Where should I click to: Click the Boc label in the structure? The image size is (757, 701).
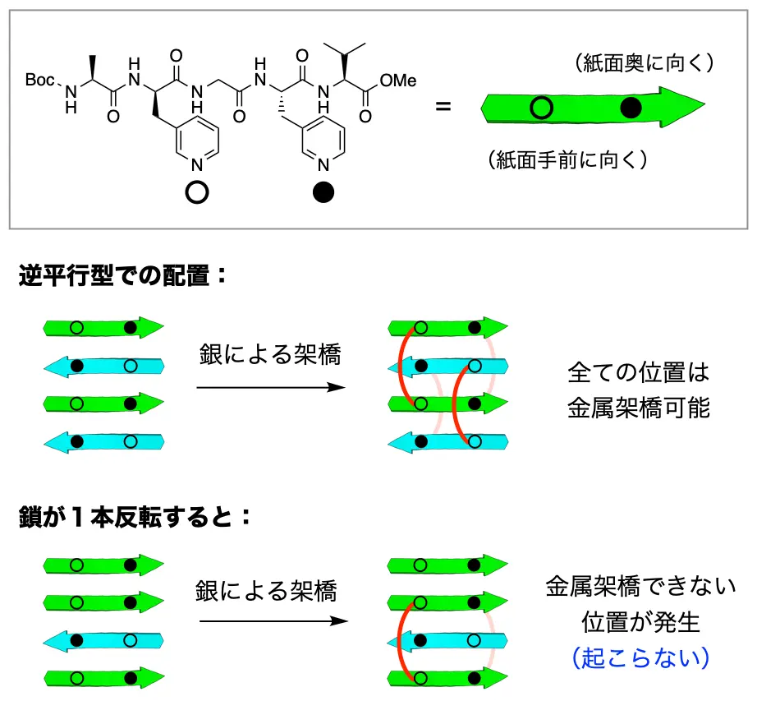(42, 80)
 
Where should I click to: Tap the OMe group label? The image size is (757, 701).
(399, 80)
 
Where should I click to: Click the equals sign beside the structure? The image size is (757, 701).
(443, 107)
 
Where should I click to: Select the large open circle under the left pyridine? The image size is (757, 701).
(197, 191)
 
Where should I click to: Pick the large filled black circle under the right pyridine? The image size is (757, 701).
(324, 191)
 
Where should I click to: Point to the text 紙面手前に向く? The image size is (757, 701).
(567, 160)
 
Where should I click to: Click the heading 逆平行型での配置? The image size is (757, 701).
(123, 275)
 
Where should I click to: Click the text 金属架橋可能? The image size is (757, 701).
(639, 408)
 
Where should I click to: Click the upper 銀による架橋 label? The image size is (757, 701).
(270, 355)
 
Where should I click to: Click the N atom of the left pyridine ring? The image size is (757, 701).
(197, 165)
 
